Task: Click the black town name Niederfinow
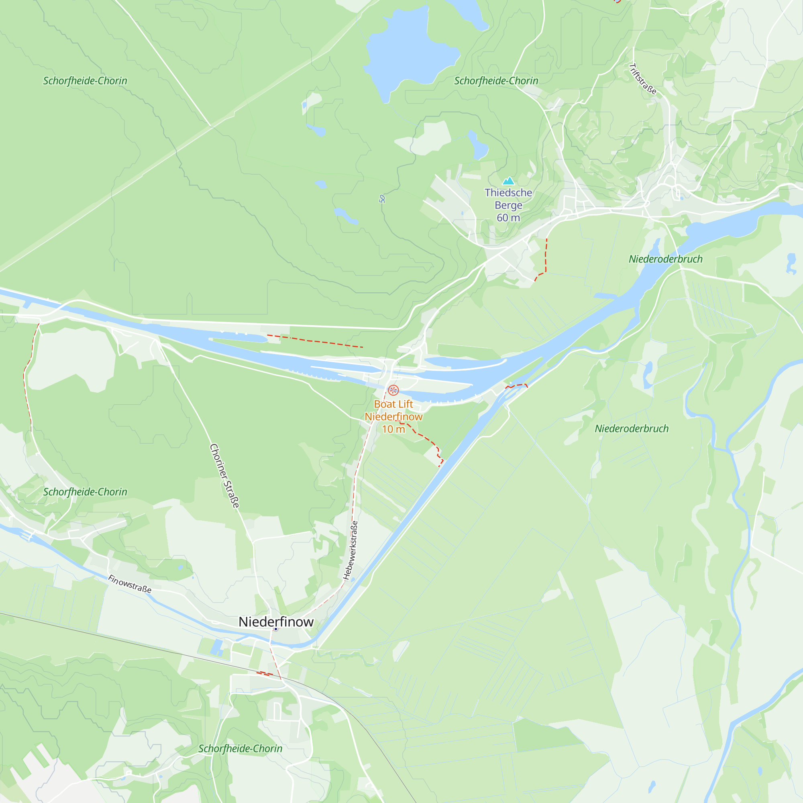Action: click(x=276, y=622)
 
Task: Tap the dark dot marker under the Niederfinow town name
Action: click(x=275, y=629)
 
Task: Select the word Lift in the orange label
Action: click(x=405, y=404)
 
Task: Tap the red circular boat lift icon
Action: click(x=393, y=390)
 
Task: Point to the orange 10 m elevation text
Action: click(x=393, y=429)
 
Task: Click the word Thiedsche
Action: click(x=508, y=193)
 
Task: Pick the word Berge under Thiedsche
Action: click(x=508, y=205)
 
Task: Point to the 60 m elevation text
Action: click(x=508, y=218)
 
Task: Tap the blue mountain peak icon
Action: click(x=508, y=181)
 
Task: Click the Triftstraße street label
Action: click(x=643, y=79)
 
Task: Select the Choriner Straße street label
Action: click(x=225, y=476)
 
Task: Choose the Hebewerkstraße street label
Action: click(x=351, y=550)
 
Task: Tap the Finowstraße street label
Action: click(x=130, y=584)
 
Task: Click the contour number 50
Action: click(x=382, y=199)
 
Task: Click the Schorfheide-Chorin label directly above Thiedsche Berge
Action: click(x=496, y=81)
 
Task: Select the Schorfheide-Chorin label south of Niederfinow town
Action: click(x=240, y=748)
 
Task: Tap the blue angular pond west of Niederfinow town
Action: click(x=216, y=647)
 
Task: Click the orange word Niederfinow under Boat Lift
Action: click(x=393, y=416)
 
